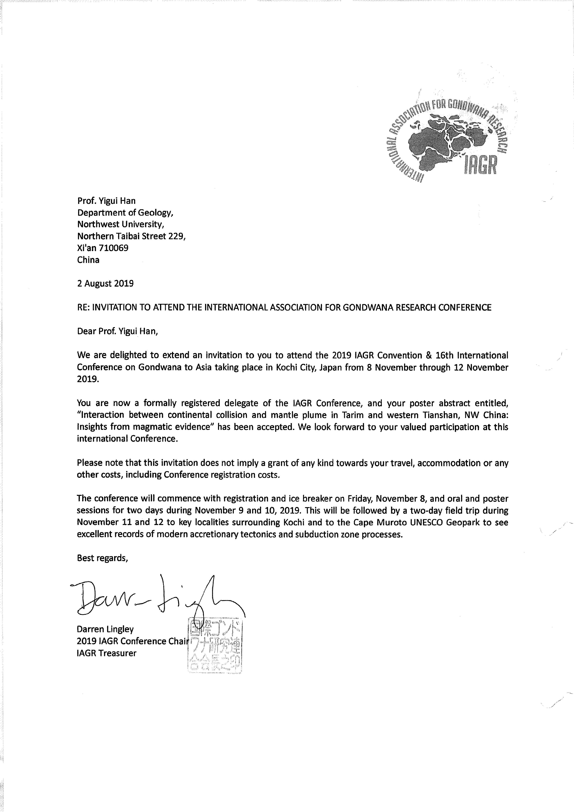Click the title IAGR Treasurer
point(106,653)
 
